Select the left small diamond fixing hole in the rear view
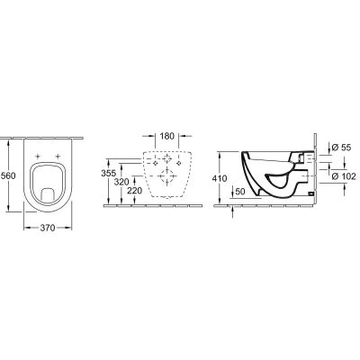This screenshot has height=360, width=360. pyautogui.click(x=154, y=163)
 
